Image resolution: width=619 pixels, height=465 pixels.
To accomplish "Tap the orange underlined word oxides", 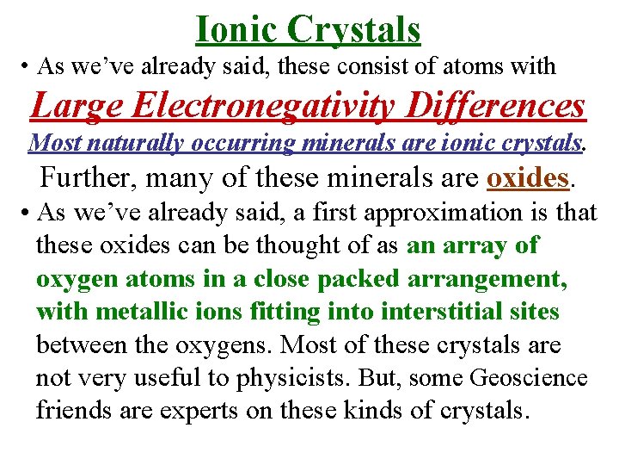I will pyautogui.click(x=528, y=177).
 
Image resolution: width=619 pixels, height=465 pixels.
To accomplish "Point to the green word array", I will pyautogui.click(x=474, y=245).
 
